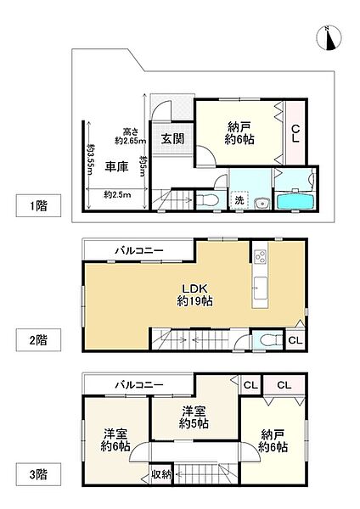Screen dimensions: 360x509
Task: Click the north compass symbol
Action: [329, 38]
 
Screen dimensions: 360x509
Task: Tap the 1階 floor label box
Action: [38, 205]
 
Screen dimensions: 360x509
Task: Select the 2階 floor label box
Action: [38, 340]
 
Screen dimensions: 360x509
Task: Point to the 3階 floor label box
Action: [38, 474]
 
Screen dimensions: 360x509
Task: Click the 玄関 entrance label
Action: [172, 139]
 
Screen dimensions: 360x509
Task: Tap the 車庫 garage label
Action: [116, 166]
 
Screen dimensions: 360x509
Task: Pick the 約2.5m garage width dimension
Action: [117, 195]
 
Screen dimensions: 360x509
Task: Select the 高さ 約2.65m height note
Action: [130, 137]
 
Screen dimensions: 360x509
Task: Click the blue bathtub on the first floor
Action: [295, 201]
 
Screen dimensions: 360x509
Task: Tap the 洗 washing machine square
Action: [239, 200]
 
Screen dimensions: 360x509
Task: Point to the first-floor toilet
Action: [206, 199]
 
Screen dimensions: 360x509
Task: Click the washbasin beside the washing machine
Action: [262, 203]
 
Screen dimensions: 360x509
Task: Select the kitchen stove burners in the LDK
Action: [261, 256]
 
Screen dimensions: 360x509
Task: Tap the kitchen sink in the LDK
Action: [261, 288]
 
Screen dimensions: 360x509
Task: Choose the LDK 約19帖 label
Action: [194, 294]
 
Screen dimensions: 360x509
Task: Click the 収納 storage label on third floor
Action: [161, 474]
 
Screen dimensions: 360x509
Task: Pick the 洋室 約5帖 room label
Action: [194, 417]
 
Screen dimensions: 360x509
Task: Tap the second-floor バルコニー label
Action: [139, 250]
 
